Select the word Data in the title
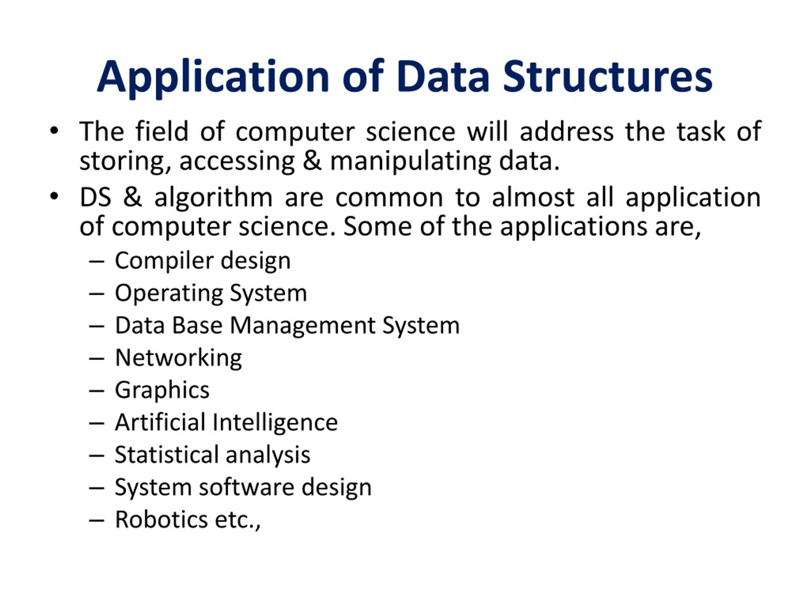tap(443, 77)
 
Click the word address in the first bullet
tap(566, 132)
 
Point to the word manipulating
tap(410, 162)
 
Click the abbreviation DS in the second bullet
tap(95, 198)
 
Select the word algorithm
tap(214, 198)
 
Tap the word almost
tap(533, 198)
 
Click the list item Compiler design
tap(202, 261)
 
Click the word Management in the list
tap(302, 326)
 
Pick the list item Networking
tap(178, 358)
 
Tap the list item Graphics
tap(162, 390)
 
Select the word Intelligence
tap(275, 423)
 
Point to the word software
tap(246, 487)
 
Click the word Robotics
tap(161, 519)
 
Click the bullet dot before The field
tap(54, 131)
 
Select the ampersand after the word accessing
tap(312, 161)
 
